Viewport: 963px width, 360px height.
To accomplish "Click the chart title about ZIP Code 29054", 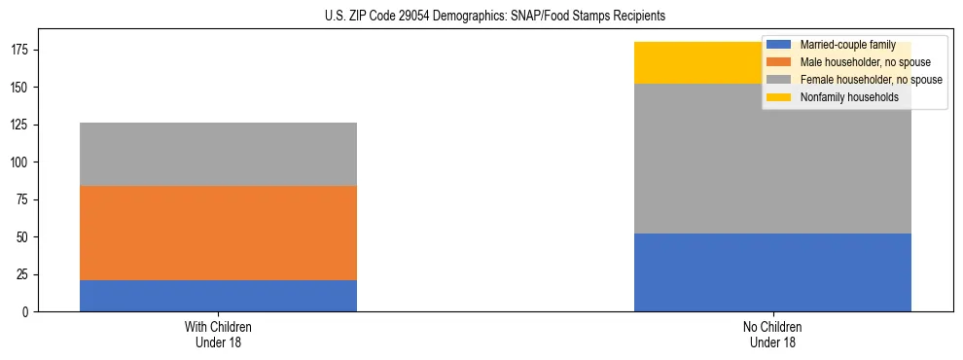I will coord(495,17).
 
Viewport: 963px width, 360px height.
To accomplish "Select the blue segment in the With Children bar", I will coord(218,296).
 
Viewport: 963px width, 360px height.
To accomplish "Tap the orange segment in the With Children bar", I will coord(218,233).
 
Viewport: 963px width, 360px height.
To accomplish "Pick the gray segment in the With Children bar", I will coord(218,154).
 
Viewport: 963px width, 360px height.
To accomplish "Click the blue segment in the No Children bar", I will coord(772,272).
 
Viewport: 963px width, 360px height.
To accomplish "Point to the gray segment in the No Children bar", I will coord(772,159).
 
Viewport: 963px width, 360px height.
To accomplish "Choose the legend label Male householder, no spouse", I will coord(865,62).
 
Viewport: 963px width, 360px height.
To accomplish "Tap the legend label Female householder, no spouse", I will coord(871,80).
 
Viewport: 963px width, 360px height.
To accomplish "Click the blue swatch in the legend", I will coord(779,45).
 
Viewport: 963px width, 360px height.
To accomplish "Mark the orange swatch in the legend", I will coord(779,62).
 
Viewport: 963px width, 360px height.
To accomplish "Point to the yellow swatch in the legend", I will coord(779,97).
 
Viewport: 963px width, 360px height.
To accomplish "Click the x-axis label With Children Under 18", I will coord(218,334).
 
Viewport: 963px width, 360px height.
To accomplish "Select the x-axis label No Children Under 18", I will coord(772,334).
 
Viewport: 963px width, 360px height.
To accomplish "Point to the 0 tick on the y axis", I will coord(29,312).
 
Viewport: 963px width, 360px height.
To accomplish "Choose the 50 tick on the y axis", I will coord(26,237).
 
